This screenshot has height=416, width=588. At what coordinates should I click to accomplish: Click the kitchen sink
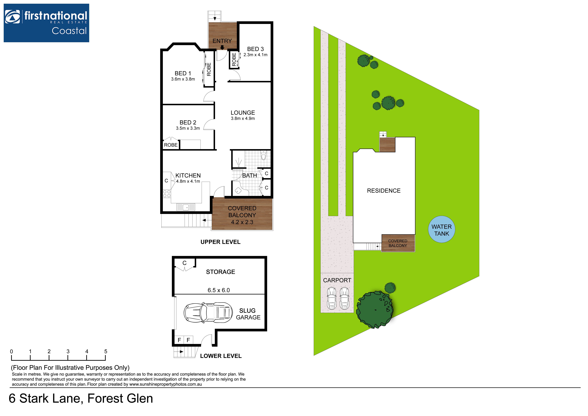pos(186,207)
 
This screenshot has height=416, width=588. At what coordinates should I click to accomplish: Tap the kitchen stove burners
pos(167,194)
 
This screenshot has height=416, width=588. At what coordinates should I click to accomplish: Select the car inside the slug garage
pos(208,312)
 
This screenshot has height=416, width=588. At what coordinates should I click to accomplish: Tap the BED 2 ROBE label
pos(171,145)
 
